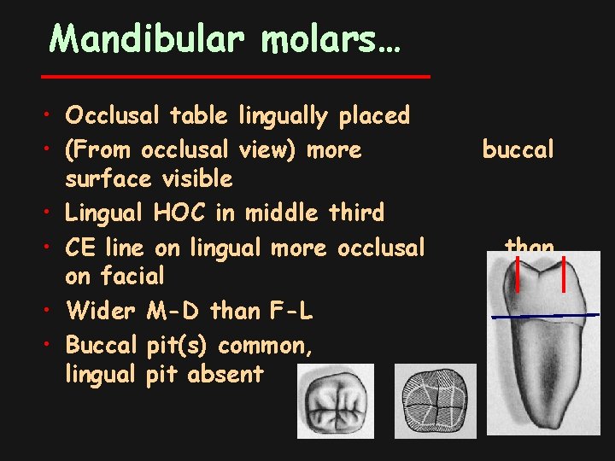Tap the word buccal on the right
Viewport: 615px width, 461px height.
pyautogui.click(x=518, y=150)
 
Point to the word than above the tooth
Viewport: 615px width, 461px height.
pyautogui.click(x=530, y=247)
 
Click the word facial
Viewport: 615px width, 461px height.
pyautogui.click(x=135, y=277)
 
